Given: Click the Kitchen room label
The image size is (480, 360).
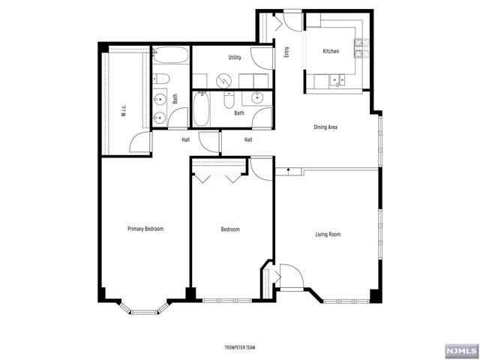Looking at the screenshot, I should (331, 52).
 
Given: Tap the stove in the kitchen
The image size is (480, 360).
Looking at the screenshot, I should (359, 49).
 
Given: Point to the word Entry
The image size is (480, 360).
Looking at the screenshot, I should (286, 52).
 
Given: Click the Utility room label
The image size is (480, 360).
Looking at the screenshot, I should (235, 58).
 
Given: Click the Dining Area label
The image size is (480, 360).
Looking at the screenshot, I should (325, 127).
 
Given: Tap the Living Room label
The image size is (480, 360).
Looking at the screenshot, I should (328, 235).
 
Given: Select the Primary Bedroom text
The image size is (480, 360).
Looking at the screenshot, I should (145, 229).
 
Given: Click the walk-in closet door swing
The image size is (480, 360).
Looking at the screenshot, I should (139, 142).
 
